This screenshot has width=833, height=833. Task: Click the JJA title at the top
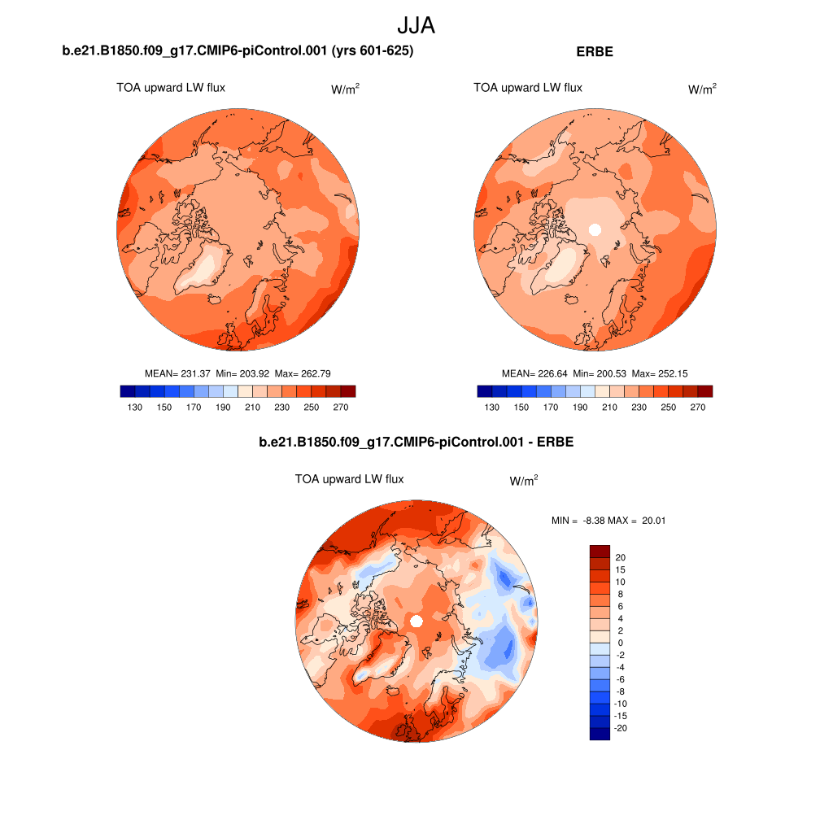click(x=416, y=25)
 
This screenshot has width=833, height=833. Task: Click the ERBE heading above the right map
click(x=594, y=51)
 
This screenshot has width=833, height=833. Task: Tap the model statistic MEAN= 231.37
click(x=177, y=373)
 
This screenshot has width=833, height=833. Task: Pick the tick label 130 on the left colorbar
click(x=135, y=408)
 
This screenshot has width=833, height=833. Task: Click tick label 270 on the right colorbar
click(x=698, y=408)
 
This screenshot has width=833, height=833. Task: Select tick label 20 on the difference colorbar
click(x=621, y=557)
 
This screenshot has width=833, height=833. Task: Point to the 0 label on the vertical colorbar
click(x=620, y=643)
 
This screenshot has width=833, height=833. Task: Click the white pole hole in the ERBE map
click(x=595, y=229)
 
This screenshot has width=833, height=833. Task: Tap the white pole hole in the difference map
click(x=416, y=621)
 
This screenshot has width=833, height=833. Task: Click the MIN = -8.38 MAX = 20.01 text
click(x=608, y=521)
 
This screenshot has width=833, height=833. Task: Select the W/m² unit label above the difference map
click(x=524, y=481)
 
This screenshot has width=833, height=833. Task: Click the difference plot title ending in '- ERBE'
click(x=416, y=443)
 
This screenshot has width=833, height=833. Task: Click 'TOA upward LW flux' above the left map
click(x=171, y=88)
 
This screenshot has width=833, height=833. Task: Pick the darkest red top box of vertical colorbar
click(x=600, y=551)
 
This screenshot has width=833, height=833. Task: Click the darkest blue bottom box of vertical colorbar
click(x=600, y=734)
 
